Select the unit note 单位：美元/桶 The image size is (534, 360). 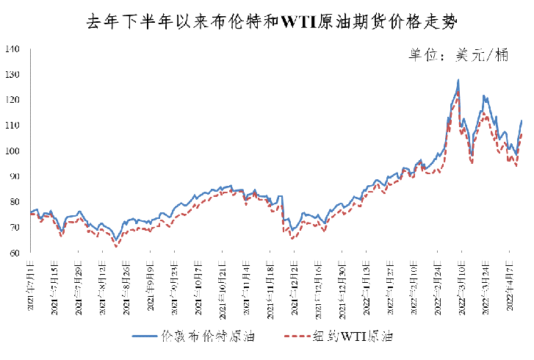point(455,56)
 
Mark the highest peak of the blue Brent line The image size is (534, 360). point(458,80)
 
